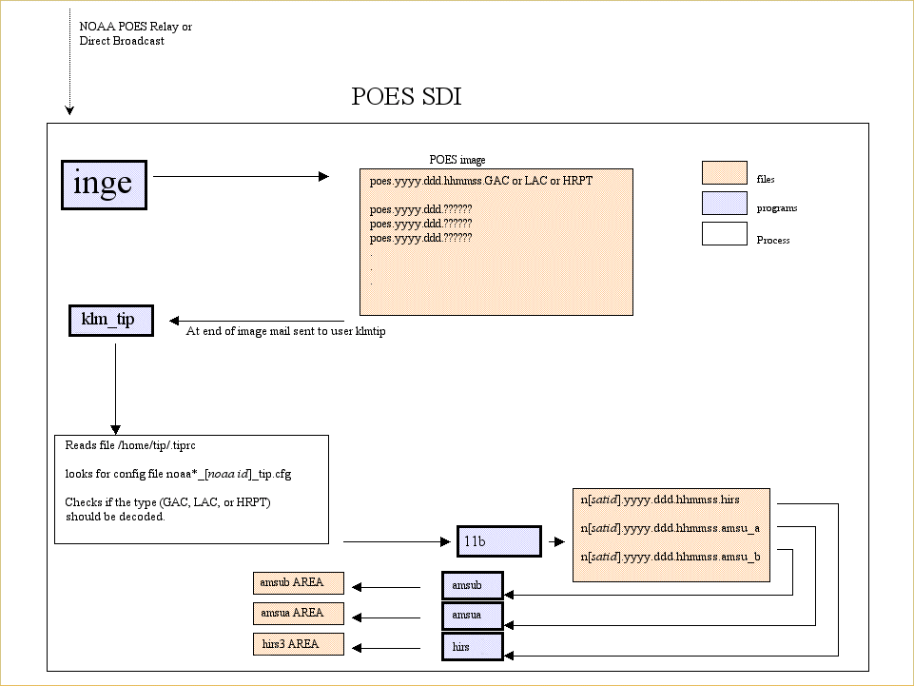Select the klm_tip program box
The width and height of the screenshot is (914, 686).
[110, 321]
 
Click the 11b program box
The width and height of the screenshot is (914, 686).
[498, 541]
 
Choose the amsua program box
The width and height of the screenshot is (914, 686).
[472, 617]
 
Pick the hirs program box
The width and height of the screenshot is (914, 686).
[472, 647]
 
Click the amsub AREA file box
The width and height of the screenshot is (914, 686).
[297, 582]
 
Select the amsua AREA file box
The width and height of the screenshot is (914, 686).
[297, 614]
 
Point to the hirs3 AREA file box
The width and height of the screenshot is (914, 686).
[297, 644]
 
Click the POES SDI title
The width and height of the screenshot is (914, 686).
[406, 97]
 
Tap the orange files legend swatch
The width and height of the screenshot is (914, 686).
[724, 173]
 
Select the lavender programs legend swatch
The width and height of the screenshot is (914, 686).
[724, 204]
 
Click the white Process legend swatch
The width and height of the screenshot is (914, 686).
[724, 234]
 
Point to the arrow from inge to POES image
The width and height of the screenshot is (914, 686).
[242, 176]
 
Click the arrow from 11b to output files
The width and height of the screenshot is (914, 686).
[555, 542]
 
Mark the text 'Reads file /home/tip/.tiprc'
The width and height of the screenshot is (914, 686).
[130, 445]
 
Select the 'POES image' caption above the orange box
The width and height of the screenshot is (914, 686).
[457, 160]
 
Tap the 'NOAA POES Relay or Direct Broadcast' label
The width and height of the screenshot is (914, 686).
[135, 33]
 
